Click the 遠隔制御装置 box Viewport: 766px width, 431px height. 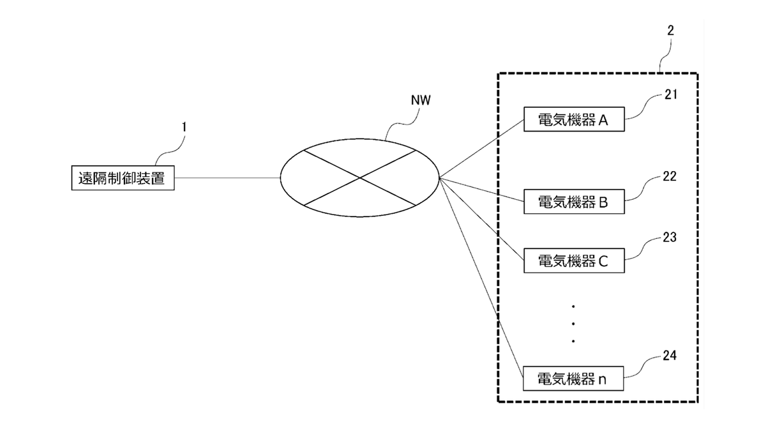coord(121,178)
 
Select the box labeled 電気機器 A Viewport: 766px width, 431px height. coord(573,119)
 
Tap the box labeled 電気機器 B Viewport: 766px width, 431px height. coord(573,202)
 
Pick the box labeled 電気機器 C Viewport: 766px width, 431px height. coord(573,261)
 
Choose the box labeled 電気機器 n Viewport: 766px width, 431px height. coord(573,379)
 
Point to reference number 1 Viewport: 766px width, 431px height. coord(184,127)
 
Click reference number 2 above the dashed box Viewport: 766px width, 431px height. coord(670,30)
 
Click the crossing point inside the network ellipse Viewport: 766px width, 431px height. coord(359,178)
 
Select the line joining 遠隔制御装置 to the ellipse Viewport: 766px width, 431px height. coord(227,178)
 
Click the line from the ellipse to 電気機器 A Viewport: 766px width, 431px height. coord(482,149)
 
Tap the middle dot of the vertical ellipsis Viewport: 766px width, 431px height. coord(573,324)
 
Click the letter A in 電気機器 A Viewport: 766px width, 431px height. coord(603,120)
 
